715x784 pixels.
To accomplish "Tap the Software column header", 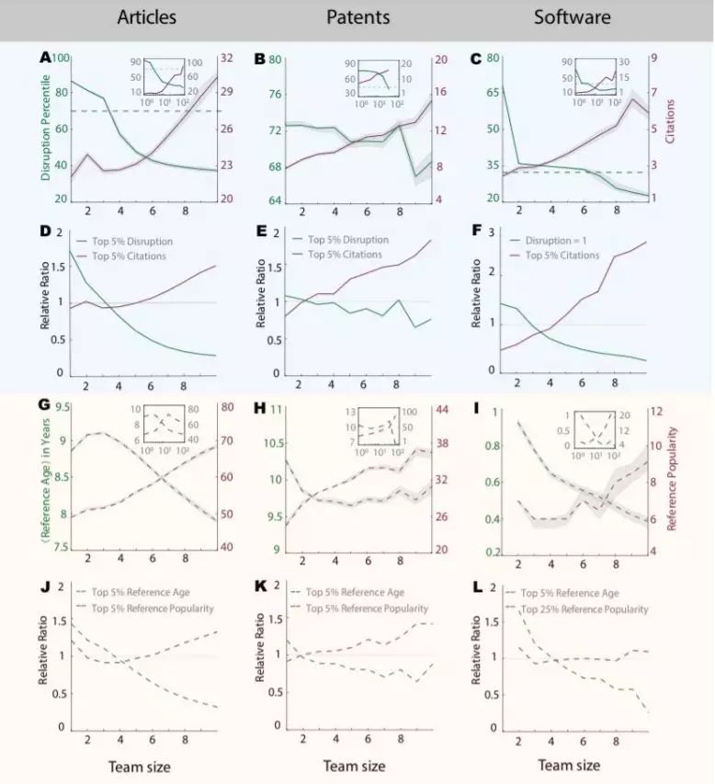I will click(x=567, y=17).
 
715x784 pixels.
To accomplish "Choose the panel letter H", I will click(x=260, y=410).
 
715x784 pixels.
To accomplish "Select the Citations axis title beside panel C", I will click(x=701, y=128).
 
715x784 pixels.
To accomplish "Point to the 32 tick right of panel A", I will click(x=226, y=57).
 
